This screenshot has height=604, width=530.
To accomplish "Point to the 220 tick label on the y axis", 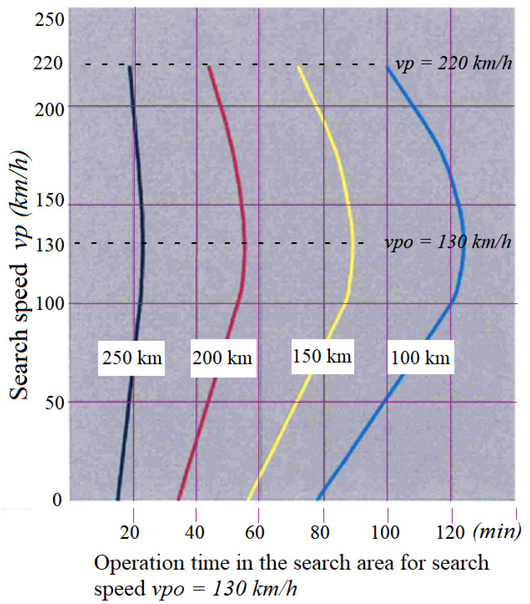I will click(48, 64).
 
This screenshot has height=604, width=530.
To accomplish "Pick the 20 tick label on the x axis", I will click(130, 533).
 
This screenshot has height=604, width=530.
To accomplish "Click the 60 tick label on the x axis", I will click(255, 533).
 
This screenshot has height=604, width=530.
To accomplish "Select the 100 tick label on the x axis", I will click(385, 533).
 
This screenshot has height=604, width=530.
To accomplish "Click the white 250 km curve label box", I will click(131, 358).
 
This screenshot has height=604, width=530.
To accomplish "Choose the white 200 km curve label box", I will click(223, 358).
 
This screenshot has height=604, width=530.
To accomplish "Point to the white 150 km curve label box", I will click(322, 357).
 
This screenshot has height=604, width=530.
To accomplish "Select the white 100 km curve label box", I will click(421, 358).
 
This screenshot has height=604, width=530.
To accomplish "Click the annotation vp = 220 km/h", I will click(453, 64).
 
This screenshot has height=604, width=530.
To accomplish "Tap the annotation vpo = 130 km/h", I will click(448, 242).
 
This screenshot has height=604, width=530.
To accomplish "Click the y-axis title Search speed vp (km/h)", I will click(20, 274).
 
